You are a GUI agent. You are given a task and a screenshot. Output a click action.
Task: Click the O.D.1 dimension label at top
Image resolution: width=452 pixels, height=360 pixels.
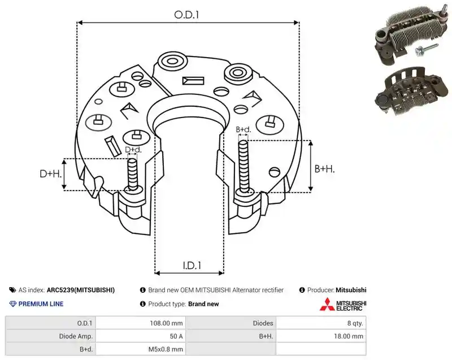(186, 15)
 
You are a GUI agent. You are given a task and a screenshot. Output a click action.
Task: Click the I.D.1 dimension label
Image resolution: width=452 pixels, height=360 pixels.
(192, 265)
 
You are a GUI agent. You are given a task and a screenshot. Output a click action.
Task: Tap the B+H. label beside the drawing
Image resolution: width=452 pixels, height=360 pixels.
(324, 169)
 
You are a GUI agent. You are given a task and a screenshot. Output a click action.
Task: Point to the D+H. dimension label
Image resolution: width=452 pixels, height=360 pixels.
(51, 174)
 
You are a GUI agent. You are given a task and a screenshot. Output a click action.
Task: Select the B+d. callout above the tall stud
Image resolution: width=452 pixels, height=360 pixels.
(244, 129)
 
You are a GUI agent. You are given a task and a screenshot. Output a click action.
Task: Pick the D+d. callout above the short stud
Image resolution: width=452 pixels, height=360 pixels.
(133, 150)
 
